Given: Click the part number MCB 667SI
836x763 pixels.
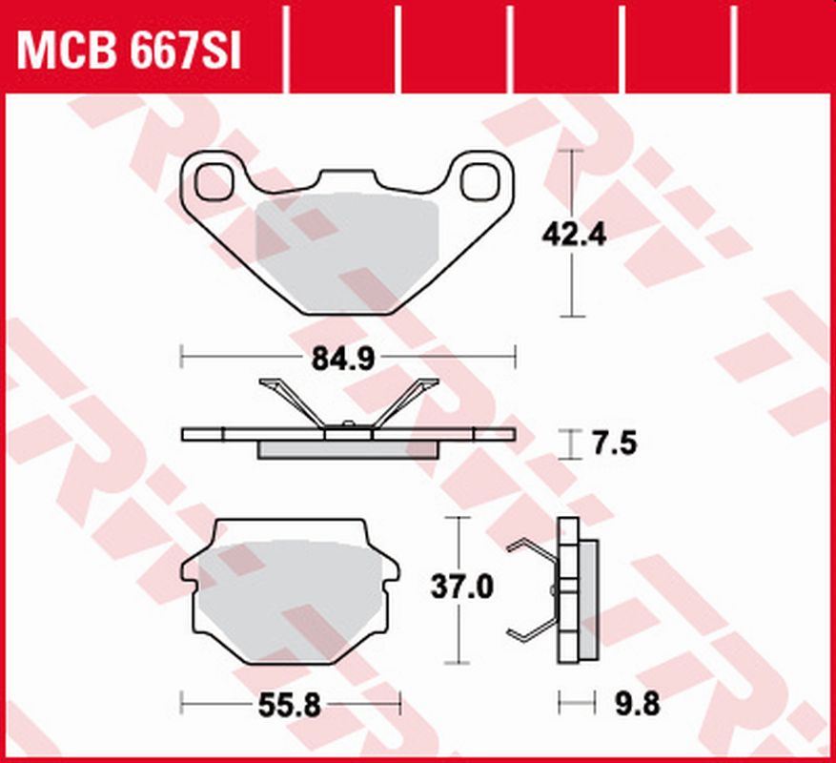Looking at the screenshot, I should (130, 51).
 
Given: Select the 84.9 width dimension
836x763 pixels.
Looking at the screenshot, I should (347, 359).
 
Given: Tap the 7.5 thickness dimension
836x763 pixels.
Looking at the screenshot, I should (612, 444).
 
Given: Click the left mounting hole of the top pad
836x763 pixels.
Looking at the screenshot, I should (218, 180).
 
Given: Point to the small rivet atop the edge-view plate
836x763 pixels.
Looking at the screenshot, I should (348, 424).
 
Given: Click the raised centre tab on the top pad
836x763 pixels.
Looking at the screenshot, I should (347, 179).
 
